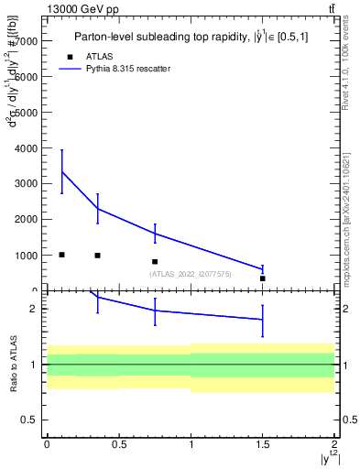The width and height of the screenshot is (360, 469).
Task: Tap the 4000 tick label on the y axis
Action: pyautogui.click(x=26, y=148)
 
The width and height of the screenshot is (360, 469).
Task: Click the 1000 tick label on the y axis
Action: pyautogui.click(x=26, y=256)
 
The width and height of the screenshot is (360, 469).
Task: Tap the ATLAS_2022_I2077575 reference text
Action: pyautogui.click(x=191, y=274)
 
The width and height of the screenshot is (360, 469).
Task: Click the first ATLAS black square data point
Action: pyautogui.click(x=61, y=254)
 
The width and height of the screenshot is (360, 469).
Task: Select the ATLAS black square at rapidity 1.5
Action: pyautogui.click(x=263, y=278)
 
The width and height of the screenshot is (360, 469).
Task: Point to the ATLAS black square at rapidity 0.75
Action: pyautogui.click(x=155, y=261)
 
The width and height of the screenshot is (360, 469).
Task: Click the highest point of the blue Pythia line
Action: pyautogui.click(x=61, y=171)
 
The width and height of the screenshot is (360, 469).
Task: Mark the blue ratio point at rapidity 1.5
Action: pyautogui.click(x=263, y=319)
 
